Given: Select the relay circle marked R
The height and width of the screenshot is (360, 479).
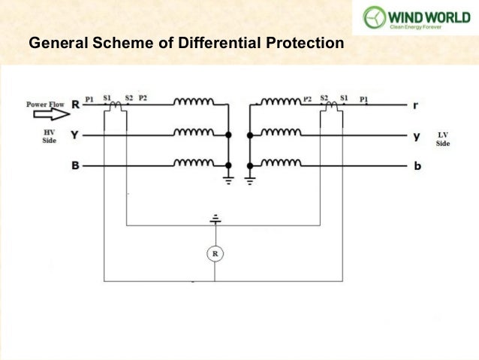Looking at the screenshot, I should [x=215, y=254].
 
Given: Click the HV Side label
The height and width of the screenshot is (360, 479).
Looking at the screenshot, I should [x=49, y=135].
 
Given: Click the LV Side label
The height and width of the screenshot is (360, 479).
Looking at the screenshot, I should [x=443, y=139].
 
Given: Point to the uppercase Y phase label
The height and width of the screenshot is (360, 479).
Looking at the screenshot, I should [x=75, y=135].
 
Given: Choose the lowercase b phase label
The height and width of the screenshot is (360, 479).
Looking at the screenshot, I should [x=417, y=165].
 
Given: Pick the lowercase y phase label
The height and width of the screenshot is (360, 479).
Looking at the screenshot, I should [x=417, y=136].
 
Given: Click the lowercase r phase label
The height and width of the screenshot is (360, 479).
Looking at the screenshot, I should [x=416, y=106].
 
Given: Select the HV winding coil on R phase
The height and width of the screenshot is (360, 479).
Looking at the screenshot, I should [x=194, y=101].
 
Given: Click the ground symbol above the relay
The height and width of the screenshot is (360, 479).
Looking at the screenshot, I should [x=215, y=219].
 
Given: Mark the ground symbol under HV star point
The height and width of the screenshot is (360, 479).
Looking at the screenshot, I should [x=228, y=180].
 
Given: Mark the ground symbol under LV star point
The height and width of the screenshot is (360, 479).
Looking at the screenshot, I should [x=251, y=180].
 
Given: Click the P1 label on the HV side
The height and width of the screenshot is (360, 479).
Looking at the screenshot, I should [x=90, y=98].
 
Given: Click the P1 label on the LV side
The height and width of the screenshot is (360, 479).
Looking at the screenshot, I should [x=364, y=98].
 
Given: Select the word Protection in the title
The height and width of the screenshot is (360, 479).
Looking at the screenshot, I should [x=303, y=44].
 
